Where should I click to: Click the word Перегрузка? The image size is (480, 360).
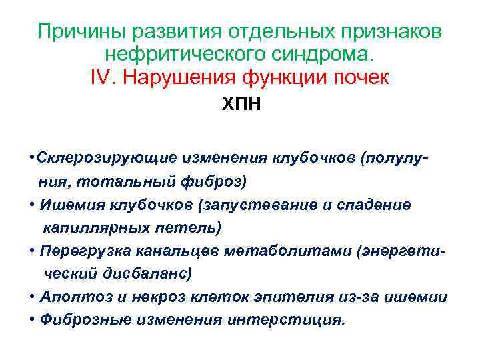click(86, 251)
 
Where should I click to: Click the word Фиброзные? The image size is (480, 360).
click(85, 319)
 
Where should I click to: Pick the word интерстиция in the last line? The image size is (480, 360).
click(287, 319)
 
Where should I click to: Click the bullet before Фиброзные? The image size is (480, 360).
click(33, 319)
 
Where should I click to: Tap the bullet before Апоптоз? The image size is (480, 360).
click(33, 297)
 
